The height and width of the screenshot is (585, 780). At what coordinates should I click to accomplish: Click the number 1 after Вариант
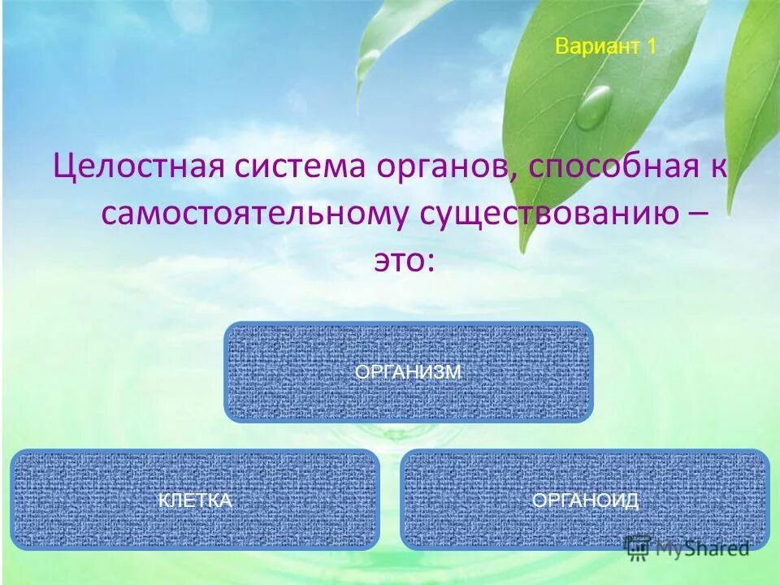tap(651, 46)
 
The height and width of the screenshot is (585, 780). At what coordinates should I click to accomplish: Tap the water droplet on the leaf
tap(595, 107)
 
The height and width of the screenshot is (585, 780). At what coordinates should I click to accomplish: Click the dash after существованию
tap(698, 214)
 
